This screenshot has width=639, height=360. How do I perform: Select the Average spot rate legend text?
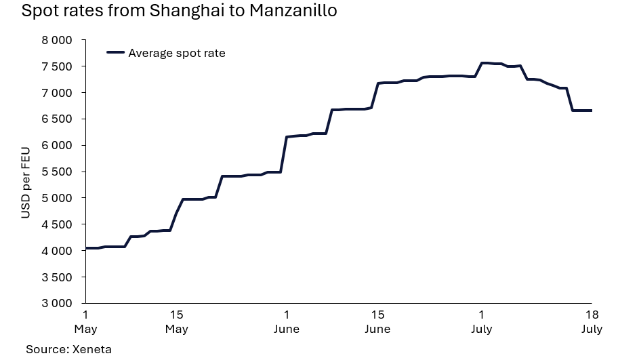[176, 53]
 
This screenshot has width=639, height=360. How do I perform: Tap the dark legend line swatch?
[116, 53]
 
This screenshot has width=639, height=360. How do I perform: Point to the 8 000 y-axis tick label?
[56, 40]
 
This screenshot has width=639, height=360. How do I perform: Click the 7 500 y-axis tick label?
[56, 66]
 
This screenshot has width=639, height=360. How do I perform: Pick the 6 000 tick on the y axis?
[56, 145]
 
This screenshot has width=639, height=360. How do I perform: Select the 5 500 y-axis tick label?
[56, 172]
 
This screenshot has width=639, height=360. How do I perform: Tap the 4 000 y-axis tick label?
[56, 251]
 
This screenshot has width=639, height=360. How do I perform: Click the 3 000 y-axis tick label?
[56, 303]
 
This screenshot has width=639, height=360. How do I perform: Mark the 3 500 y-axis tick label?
[56, 277]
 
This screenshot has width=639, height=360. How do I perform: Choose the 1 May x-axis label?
[85, 322]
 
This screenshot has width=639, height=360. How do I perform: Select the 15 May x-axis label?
[176, 322]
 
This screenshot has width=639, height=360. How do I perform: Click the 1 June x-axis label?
[287, 322]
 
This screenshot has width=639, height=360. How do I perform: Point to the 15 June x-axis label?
[377, 322]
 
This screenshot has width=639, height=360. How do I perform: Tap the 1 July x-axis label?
[482, 322]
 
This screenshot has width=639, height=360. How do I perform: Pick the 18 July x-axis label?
[592, 322]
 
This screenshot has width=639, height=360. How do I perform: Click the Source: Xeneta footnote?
[68, 349]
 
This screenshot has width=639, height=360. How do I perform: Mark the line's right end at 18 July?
[592, 111]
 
